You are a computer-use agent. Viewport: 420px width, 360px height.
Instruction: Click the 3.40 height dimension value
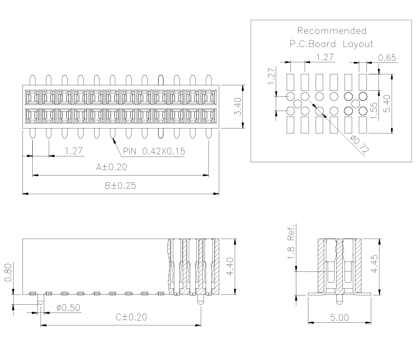click(x=238, y=107)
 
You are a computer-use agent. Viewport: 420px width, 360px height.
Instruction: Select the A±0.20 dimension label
click(x=112, y=167)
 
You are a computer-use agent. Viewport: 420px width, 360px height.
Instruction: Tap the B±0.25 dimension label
click(x=120, y=185)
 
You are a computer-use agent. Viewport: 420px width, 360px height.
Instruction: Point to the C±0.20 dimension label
click(x=131, y=317)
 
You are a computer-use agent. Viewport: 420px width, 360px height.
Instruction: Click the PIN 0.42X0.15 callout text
click(x=154, y=152)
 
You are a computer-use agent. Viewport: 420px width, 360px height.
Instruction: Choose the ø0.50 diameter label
click(x=68, y=307)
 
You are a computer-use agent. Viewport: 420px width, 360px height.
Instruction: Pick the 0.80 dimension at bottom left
click(x=8, y=272)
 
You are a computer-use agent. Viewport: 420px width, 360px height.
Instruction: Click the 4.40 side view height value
click(x=230, y=266)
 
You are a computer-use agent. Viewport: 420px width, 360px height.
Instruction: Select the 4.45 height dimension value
click(x=374, y=264)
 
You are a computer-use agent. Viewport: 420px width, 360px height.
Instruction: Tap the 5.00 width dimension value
click(x=340, y=318)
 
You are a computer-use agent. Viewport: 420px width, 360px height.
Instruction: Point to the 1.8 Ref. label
click(x=291, y=241)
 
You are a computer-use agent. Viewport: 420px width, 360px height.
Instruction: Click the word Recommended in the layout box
click(x=332, y=31)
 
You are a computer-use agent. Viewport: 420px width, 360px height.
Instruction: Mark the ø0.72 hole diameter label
click(x=360, y=145)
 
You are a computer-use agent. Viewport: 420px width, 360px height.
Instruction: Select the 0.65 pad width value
click(x=387, y=57)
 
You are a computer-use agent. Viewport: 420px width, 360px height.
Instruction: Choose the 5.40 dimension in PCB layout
click(x=387, y=104)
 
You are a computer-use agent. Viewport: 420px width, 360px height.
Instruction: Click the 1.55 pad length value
click(x=374, y=111)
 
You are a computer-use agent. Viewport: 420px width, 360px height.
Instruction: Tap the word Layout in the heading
click(x=358, y=44)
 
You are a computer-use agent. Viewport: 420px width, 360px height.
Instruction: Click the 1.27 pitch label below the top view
click(x=73, y=151)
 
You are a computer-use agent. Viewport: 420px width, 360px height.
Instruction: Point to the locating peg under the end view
click(x=340, y=299)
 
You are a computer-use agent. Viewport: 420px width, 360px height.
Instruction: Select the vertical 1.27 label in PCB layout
click(x=271, y=76)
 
